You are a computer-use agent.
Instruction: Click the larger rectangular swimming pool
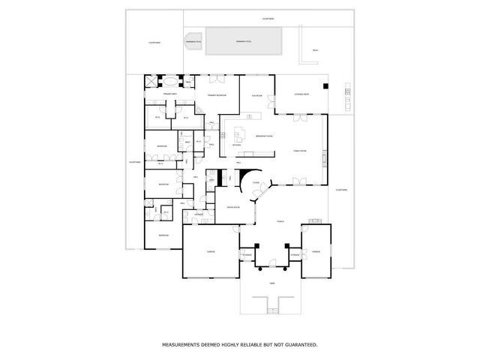pos(243,42)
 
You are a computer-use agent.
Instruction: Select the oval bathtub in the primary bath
pos(170,80)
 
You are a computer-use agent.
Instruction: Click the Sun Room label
pos(256,96)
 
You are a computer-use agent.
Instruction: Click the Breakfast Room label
pos(264,136)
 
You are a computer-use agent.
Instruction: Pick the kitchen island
pos(240,136)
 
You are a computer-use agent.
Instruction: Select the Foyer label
pos(256,181)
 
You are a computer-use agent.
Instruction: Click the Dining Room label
pos(233,207)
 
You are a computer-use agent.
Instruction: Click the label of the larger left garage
pos(211,252)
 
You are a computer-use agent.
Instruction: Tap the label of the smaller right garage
pos(316,252)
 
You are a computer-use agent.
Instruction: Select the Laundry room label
pos(199,214)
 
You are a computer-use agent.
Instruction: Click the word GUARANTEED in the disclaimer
pos(301,345)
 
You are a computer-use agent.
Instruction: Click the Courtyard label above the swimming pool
pos(268,18)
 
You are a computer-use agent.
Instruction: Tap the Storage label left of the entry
pos(247,255)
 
